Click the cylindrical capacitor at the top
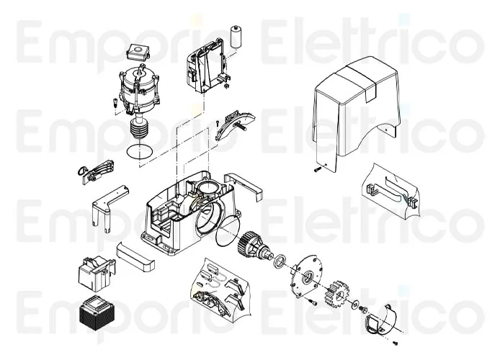[x=236, y=36]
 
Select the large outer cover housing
[x=356, y=112]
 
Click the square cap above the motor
[x=138, y=51]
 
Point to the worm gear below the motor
[x=139, y=127]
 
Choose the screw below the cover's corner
[x=317, y=170]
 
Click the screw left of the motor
[x=115, y=102]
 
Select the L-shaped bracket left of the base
[x=108, y=204]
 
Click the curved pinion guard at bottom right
[x=383, y=320]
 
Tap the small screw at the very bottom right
[x=395, y=343]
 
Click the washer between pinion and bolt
[x=354, y=305]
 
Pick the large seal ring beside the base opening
[x=228, y=230]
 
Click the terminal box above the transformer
[x=97, y=274]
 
